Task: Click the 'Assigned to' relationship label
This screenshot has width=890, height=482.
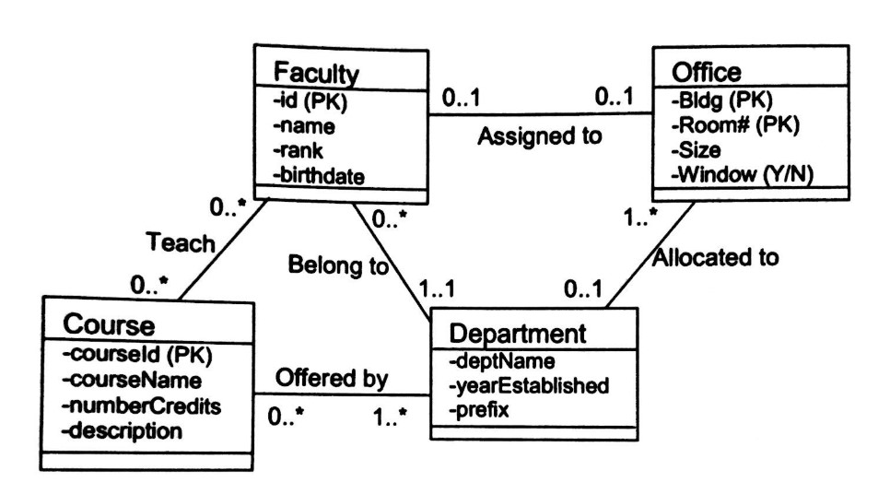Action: (x=539, y=139)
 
